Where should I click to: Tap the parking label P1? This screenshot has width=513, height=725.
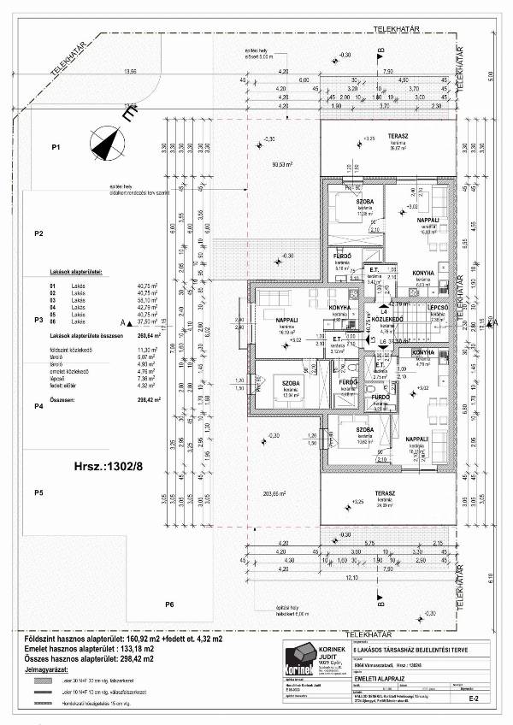(x=56, y=149)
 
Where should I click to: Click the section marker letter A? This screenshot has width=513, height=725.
(x=124, y=321)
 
